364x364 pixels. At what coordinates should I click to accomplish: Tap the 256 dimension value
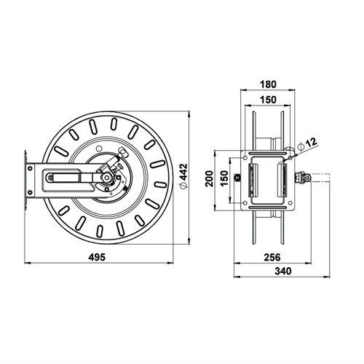tap(271, 257)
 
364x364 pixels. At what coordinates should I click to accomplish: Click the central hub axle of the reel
tap(106, 177)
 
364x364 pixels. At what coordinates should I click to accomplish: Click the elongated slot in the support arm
tap(63, 177)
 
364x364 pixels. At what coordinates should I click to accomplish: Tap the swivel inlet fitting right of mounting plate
tap(301, 177)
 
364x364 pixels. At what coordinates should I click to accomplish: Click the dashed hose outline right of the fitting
tap(321, 177)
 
